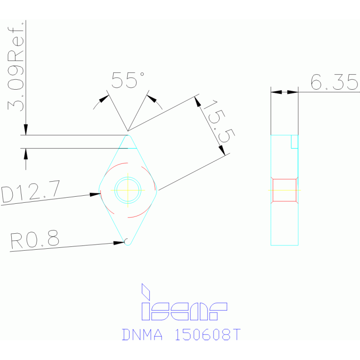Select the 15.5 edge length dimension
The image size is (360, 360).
(x=220, y=122)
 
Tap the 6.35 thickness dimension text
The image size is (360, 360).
(x=334, y=83)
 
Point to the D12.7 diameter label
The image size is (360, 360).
(x=31, y=192)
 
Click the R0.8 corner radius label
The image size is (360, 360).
(x=35, y=240)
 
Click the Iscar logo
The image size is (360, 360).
(x=184, y=302)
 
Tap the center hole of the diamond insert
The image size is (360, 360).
(x=128, y=190)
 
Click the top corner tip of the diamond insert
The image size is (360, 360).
(x=128, y=137)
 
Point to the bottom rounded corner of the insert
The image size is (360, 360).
(x=127, y=243)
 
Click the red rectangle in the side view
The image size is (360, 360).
(x=284, y=190)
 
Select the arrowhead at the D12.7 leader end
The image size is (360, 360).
(x=95, y=194)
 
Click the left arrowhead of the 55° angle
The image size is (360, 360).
(x=104, y=99)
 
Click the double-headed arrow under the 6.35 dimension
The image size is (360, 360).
(x=284, y=92)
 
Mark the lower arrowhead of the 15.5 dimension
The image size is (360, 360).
(x=223, y=150)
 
